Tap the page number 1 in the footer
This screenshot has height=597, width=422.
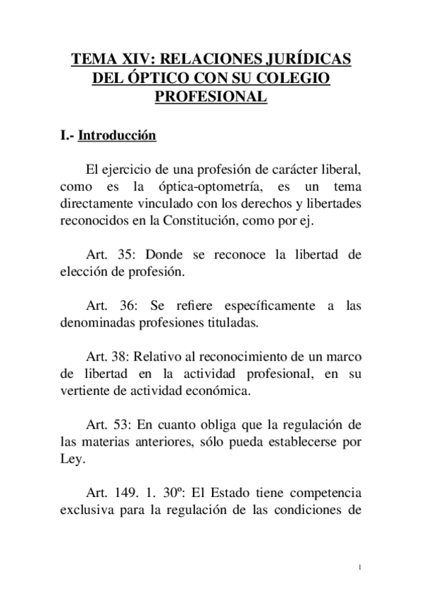[359, 567]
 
